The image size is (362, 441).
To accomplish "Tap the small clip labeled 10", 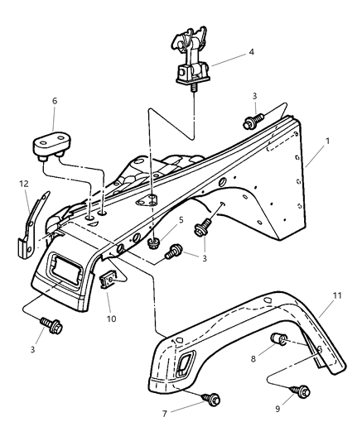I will coord(107,283).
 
